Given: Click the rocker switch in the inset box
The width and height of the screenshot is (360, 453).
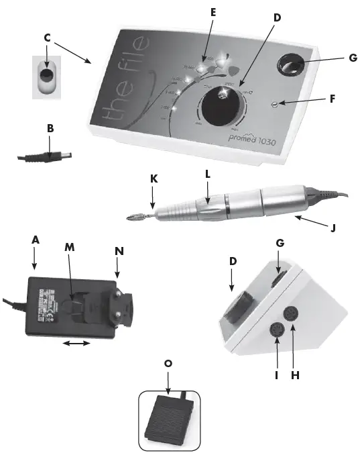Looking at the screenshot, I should click(x=47, y=74).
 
